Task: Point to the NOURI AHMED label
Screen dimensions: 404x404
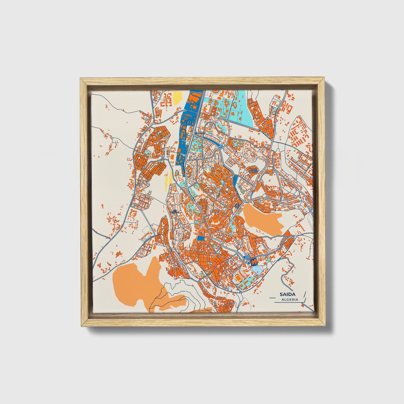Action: click(254, 171)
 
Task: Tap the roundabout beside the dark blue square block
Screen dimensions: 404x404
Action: click(245, 261)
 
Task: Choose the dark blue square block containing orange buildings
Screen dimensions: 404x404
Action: click(254, 262)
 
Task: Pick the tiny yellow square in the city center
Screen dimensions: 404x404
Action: click(212, 243)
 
